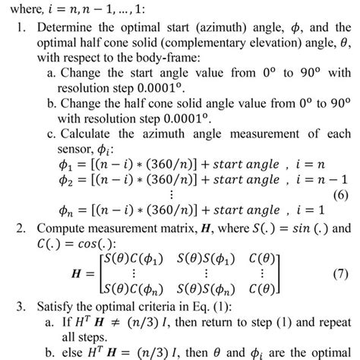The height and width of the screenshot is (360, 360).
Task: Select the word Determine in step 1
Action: (63, 28)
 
